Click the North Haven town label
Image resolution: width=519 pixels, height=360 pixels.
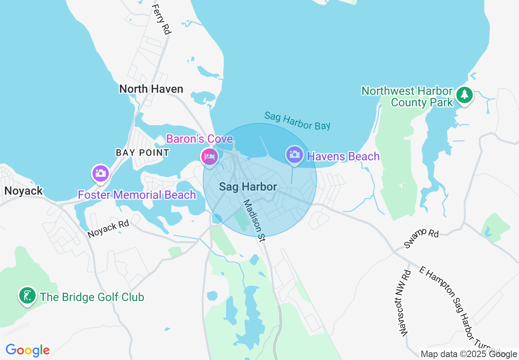(x=151, y=89)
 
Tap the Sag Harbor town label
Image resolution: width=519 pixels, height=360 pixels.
(x=248, y=187)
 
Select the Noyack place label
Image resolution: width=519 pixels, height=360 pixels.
(x=23, y=191)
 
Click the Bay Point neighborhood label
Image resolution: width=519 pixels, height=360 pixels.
(x=142, y=153)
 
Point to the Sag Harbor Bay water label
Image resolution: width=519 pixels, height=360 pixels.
(x=297, y=120)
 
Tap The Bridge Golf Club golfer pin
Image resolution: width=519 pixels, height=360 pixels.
(x=27, y=296)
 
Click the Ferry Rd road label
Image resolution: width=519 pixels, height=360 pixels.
(x=161, y=19)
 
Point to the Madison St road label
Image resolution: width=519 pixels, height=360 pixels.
(x=254, y=221)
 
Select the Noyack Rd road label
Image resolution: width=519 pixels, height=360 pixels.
(x=108, y=229)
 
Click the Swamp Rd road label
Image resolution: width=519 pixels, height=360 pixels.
(x=421, y=238)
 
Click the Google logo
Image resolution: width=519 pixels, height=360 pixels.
(x=27, y=350)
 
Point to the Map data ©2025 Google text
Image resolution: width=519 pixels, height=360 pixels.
(x=469, y=354)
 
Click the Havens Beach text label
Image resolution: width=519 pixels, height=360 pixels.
(x=343, y=156)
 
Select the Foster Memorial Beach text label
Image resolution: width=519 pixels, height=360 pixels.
(x=137, y=195)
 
